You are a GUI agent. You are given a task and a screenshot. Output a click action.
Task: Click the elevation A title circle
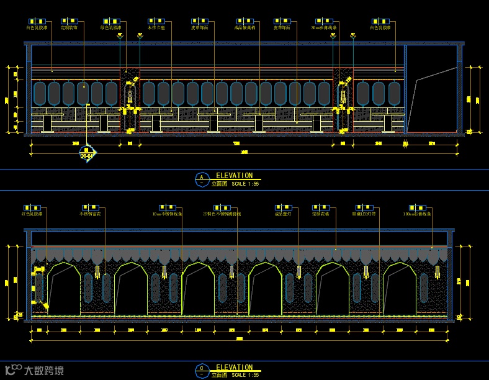click(201, 179)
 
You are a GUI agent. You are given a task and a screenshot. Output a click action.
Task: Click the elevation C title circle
click(201, 371)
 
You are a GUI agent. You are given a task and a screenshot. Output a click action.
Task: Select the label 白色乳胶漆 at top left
click(37, 28)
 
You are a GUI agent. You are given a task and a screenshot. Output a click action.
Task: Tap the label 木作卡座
click(156, 28)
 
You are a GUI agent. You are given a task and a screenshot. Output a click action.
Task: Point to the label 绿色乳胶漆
click(112, 28)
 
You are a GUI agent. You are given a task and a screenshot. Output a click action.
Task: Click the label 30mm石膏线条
click(324, 28)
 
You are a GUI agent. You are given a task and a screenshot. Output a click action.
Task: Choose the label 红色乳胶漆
click(32, 214)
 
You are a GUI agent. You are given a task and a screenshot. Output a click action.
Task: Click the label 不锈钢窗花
click(90, 214)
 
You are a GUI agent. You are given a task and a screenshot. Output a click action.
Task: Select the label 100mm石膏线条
click(417, 214)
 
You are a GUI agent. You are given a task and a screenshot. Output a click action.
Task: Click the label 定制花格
click(320, 214)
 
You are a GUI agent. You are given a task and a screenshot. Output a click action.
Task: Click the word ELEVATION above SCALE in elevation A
click(234, 176)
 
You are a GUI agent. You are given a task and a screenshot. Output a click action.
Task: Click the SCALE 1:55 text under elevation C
click(245, 375)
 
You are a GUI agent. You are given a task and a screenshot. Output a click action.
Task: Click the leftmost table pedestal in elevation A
click(48, 122)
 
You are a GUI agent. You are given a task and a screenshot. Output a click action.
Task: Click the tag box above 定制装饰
click(68, 21)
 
